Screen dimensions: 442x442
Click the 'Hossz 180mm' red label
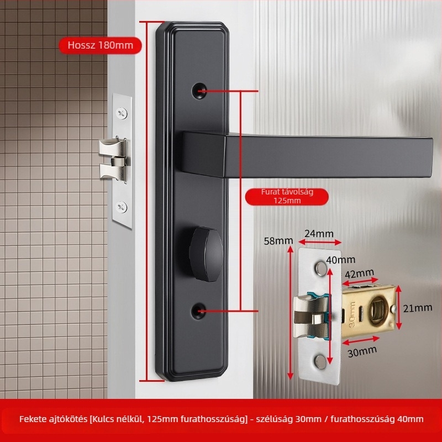click(100, 45)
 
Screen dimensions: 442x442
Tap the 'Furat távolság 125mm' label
click(287, 196)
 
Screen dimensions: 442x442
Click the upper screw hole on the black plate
click(199, 91)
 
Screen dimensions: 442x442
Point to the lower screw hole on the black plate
click(198, 311)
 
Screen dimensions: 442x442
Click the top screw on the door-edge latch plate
click(122, 113)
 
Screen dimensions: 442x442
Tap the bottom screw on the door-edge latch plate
click(122, 207)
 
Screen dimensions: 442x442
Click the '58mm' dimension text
click(278, 241)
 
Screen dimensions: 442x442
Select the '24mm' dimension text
click(319, 234)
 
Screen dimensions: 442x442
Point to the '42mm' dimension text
click(360, 273)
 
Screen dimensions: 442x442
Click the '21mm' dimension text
click(418, 308)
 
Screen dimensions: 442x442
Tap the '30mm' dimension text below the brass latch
click(362, 351)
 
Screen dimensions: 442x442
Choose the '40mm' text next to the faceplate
click(340, 260)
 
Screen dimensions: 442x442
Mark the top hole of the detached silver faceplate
click(320, 269)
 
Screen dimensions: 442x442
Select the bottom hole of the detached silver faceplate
click(320, 362)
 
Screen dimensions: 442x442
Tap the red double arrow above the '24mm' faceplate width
click(320, 242)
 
